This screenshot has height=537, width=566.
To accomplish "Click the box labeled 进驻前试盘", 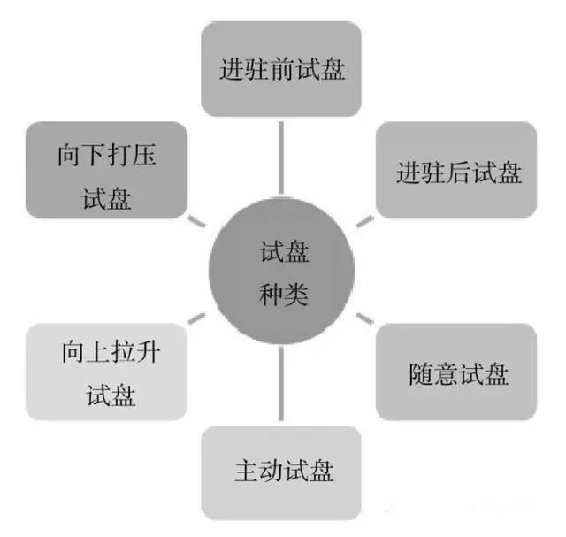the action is (x=281, y=68).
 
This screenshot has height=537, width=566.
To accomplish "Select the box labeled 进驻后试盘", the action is (x=455, y=171).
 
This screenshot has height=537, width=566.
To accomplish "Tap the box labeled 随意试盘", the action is (x=455, y=372).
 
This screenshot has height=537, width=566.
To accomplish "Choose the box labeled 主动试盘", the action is (x=281, y=471).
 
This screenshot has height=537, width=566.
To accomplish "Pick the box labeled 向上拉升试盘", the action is (x=109, y=372).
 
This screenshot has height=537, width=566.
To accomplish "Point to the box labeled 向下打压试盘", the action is (x=109, y=171).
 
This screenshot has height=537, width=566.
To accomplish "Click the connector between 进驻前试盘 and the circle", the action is (x=281, y=156).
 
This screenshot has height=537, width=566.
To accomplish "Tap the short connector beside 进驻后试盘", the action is (x=365, y=219).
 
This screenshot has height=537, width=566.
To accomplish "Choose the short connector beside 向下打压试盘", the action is (x=197, y=219).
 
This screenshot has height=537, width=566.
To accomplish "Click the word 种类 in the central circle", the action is (x=283, y=295).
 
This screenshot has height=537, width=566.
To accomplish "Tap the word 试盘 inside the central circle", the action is (x=283, y=253).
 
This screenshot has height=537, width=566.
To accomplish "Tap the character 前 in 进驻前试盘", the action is (x=282, y=68).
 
